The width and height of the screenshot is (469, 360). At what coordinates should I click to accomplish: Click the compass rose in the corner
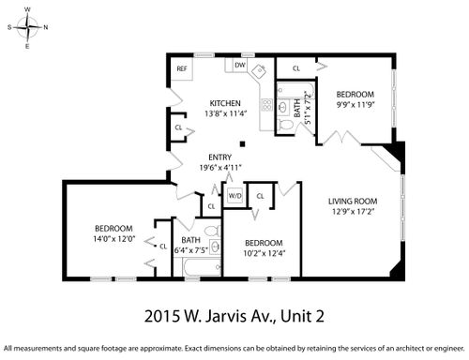click(x=28, y=27)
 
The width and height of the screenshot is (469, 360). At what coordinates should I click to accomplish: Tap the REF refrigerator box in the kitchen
click(x=181, y=68)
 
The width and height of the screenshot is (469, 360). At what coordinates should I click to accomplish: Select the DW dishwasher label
click(x=240, y=65)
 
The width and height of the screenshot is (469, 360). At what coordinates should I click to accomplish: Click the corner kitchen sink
click(x=259, y=71)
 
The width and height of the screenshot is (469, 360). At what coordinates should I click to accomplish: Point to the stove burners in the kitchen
click(x=266, y=105)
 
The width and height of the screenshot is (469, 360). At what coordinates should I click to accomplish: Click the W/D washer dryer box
click(x=234, y=196)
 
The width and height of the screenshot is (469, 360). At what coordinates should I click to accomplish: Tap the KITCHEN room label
click(x=225, y=103)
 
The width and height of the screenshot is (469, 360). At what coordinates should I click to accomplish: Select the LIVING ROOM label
click(x=353, y=202)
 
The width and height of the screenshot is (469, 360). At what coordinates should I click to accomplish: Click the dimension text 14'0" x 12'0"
click(x=114, y=239)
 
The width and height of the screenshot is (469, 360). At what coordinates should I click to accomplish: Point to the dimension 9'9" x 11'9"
click(x=356, y=105)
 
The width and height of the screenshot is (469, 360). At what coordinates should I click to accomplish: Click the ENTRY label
click(x=220, y=157)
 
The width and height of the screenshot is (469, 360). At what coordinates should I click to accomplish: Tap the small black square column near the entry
click(x=242, y=143)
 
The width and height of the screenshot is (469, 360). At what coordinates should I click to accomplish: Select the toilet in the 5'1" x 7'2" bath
click(x=285, y=125)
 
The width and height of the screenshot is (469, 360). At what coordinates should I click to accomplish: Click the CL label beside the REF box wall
click(x=178, y=127)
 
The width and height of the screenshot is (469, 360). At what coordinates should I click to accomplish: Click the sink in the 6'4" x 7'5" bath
click(x=215, y=247)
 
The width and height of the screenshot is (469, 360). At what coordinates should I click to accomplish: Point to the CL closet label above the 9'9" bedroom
click(x=296, y=68)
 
